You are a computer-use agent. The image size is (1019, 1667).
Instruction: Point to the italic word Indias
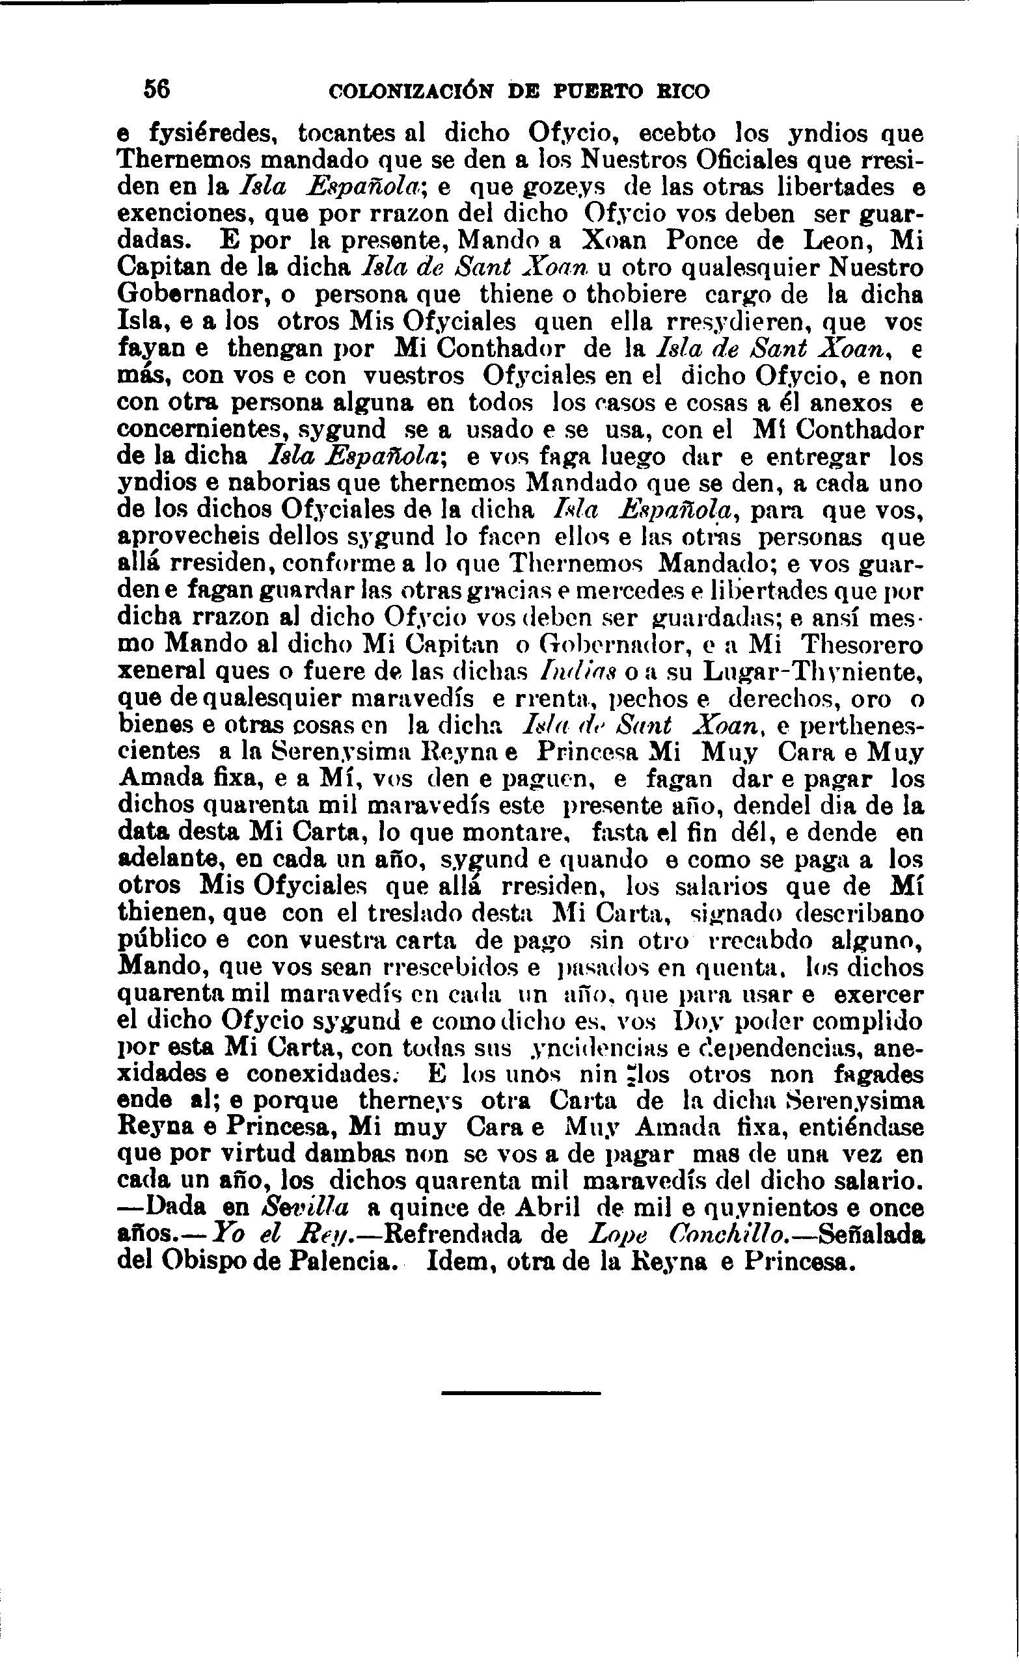[x=565, y=672]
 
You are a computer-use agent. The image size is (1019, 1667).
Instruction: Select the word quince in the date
[x=429, y=1210]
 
